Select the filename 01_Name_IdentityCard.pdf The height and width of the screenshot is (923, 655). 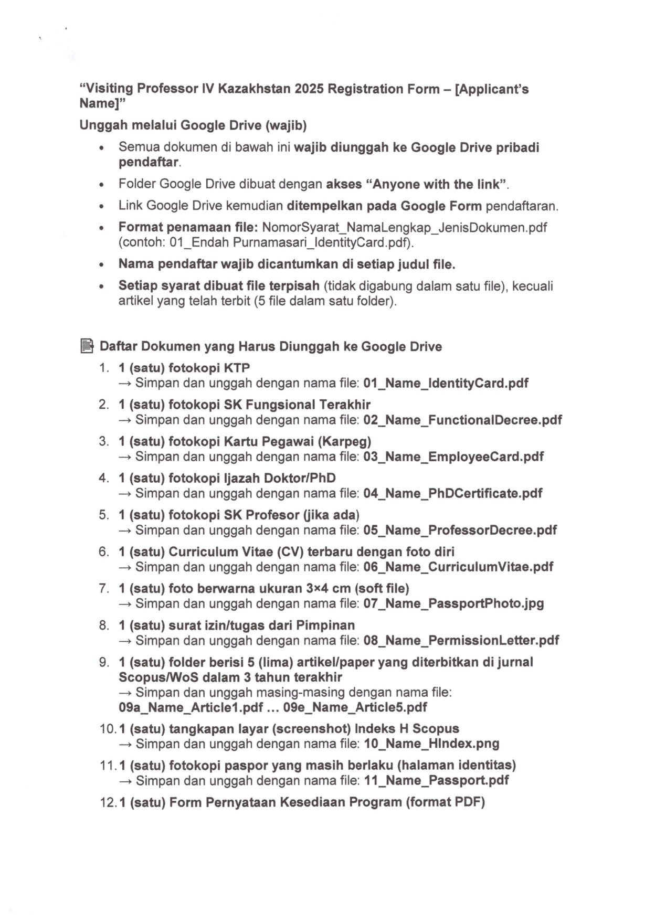pos(446,383)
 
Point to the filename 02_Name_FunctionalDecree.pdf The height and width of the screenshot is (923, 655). pos(462,420)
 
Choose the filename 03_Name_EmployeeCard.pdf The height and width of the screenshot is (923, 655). pos(453,457)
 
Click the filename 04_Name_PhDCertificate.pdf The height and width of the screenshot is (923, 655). pos(452,493)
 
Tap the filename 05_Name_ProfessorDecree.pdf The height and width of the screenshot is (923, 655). pos(460,530)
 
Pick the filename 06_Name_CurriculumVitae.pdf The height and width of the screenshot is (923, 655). pos(458,567)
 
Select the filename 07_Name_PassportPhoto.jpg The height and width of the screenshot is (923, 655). pos(453,603)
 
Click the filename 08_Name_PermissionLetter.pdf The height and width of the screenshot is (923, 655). pos(461,640)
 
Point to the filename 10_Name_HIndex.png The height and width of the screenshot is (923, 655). pos(431,744)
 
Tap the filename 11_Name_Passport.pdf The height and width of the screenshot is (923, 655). pos(436,780)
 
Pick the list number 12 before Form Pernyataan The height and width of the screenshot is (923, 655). pos(107,802)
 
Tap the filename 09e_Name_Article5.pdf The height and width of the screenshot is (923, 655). pos(355,707)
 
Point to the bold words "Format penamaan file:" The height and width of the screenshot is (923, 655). pos(188,227)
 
